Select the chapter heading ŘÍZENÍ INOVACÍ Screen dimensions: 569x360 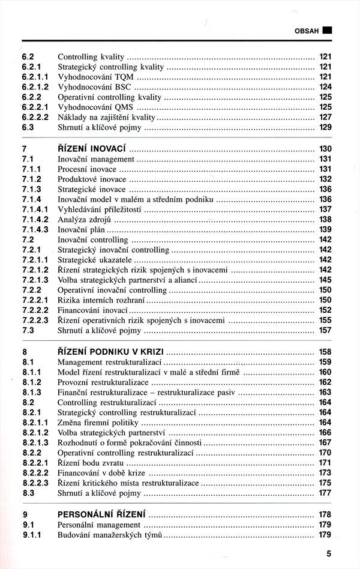coord(92,149)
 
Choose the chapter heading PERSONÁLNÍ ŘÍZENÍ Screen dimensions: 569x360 coord(102,514)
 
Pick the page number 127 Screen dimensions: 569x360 coord(325,117)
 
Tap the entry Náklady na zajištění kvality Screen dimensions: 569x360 coord(106,117)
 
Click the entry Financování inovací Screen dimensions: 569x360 coord(92,310)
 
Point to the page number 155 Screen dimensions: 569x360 coord(325,321)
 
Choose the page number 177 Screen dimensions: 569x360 coord(325,493)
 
